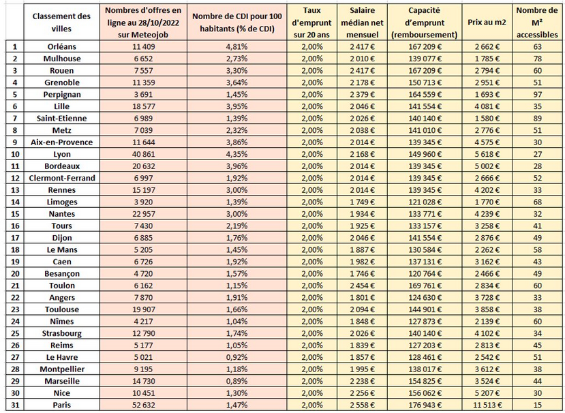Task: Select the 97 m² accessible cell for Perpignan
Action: pos(538,94)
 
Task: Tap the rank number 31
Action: pos(14,406)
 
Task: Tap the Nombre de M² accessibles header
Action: pos(538,22)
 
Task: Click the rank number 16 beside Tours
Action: pos(14,226)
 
